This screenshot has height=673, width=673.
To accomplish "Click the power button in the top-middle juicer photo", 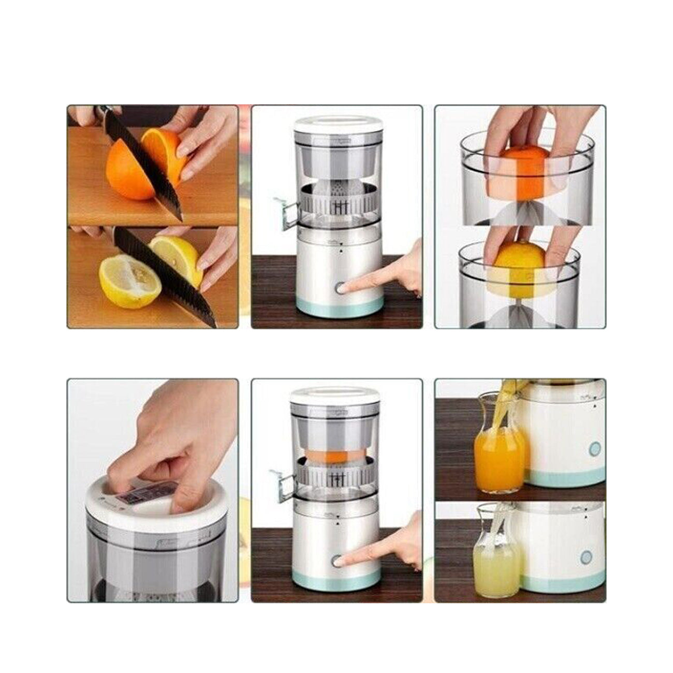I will [341, 288].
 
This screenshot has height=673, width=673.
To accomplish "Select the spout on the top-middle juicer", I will [286, 212].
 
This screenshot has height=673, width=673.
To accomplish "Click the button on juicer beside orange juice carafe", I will [594, 449].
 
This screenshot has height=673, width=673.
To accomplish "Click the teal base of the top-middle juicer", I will [339, 309].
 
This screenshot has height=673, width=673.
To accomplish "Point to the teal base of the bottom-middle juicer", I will [336, 581].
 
